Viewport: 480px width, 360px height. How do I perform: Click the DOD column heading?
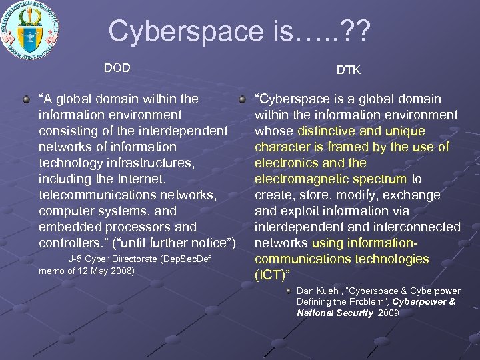click(117, 67)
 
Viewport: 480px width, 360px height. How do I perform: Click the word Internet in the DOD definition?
click(144, 179)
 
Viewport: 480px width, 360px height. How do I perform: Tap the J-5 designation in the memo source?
click(75, 259)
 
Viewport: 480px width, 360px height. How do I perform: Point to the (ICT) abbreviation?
click(269, 275)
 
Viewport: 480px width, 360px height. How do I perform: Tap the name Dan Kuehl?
click(316, 291)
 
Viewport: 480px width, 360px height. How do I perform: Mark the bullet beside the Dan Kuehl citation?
click(288, 291)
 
